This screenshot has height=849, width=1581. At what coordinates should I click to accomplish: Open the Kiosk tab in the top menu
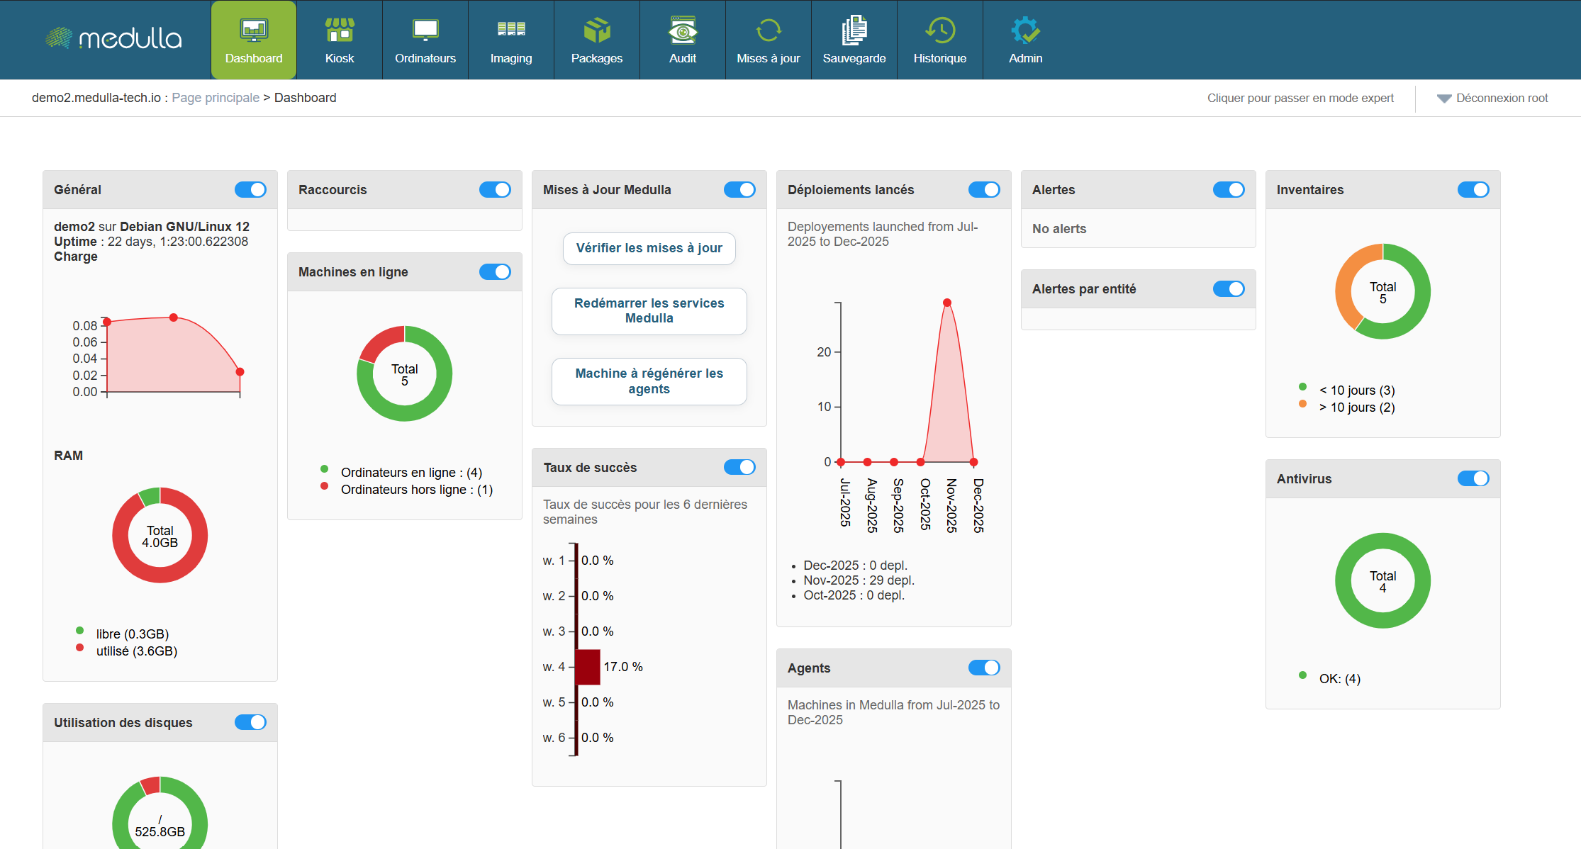340,40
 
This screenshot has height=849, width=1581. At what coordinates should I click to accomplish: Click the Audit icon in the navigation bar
682,31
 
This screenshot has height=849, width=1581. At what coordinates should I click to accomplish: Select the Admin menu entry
1025,40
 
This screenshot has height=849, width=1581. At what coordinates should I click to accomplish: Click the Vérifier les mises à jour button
649,248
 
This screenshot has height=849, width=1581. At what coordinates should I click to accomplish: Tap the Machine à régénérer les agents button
649,381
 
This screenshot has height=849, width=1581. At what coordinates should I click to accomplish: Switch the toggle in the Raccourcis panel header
495,190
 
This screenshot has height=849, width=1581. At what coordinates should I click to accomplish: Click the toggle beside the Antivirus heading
1473,479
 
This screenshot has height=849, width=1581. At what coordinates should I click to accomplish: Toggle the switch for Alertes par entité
1229,289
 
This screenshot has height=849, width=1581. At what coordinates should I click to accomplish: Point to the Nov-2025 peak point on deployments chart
947,303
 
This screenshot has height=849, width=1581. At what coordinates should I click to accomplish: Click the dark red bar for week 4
588,667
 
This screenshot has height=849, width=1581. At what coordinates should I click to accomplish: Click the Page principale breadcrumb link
216,98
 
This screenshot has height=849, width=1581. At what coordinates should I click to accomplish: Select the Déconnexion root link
1502,99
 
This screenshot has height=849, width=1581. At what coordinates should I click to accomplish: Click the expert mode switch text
1300,99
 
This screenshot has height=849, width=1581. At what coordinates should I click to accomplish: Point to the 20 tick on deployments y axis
824,352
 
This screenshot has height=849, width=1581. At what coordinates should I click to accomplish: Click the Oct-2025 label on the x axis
925,504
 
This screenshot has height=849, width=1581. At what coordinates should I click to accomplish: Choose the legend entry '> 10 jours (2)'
1356,407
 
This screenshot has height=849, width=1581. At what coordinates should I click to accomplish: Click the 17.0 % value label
623,667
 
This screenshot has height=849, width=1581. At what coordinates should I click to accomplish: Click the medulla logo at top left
114,38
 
